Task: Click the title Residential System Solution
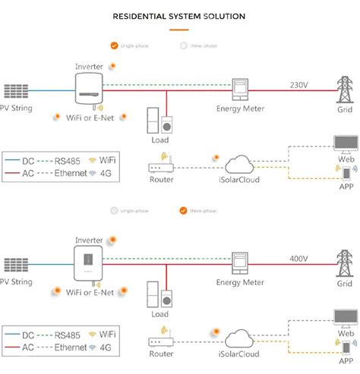(x=180, y=15)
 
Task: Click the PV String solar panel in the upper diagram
(x=16, y=91)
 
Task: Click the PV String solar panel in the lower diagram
(x=16, y=265)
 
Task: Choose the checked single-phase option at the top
(x=115, y=45)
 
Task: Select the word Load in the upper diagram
(x=159, y=139)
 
